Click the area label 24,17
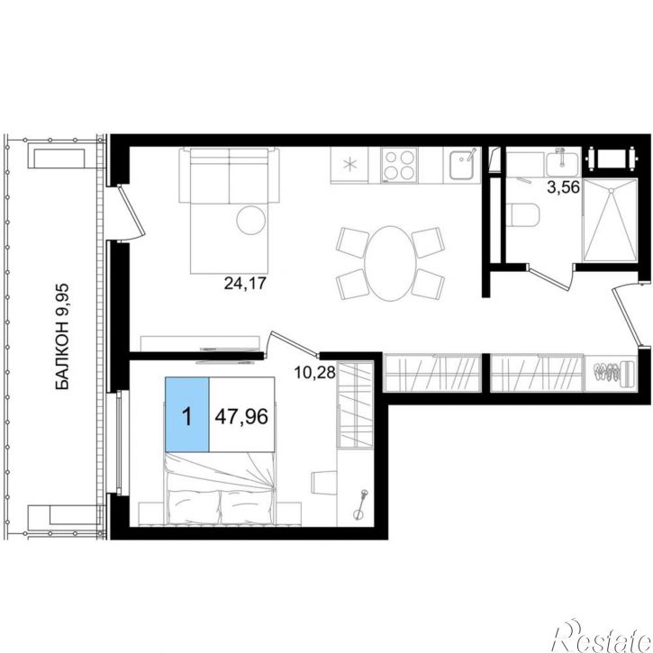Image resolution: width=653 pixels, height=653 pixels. [x=245, y=284]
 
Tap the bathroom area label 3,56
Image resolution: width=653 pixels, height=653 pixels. [x=564, y=187]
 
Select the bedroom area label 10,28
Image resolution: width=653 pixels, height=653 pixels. [x=315, y=372]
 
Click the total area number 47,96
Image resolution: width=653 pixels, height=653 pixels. [x=241, y=416]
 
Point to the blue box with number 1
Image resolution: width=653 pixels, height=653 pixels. [x=187, y=414]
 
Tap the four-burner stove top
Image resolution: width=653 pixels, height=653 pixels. [x=399, y=166]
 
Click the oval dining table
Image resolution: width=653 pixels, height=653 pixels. [x=390, y=263]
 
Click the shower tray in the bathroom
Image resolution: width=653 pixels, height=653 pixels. [x=611, y=220]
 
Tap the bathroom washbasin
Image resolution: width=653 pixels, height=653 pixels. [x=562, y=164]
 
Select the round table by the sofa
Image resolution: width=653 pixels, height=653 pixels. [x=250, y=221]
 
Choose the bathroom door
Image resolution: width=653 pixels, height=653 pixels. [x=549, y=277]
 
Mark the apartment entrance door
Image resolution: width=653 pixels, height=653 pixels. [x=626, y=314]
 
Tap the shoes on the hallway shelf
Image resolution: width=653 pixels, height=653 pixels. [x=607, y=372]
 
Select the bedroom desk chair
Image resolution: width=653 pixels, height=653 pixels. [x=323, y=482]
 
